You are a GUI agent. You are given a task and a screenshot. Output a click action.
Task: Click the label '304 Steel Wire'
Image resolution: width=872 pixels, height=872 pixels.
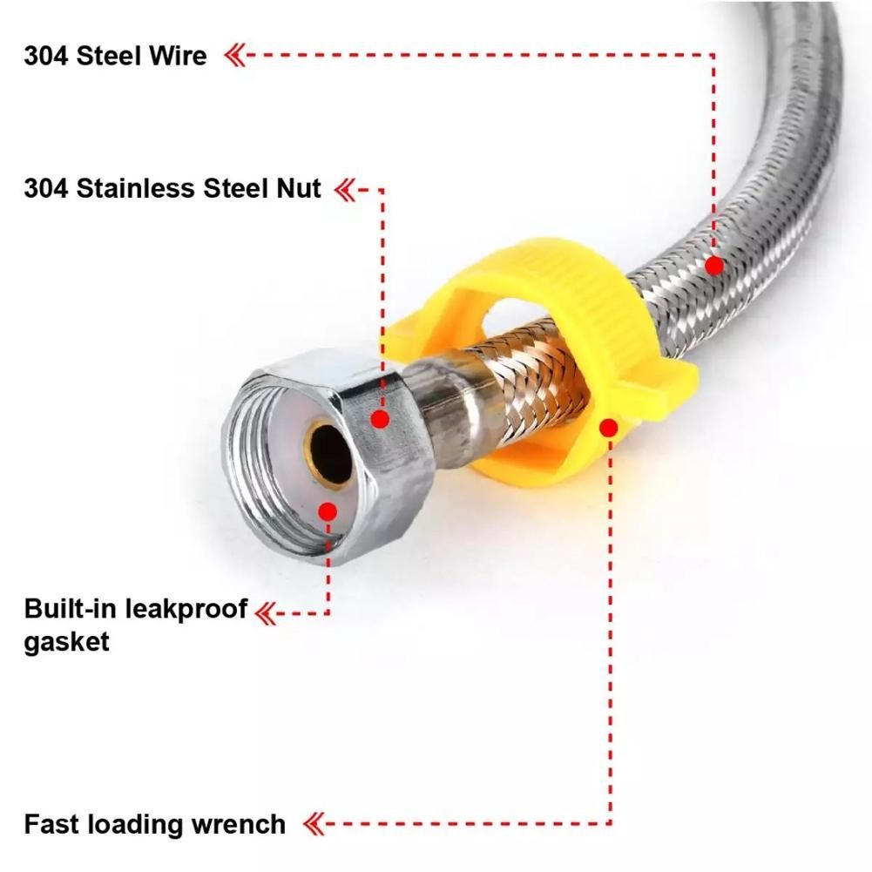pos(115,56)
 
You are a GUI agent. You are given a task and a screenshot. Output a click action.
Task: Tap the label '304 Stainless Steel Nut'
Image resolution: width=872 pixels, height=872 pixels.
pos(172,188)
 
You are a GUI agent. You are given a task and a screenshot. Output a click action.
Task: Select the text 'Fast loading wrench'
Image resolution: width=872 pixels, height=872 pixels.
pos(154,824)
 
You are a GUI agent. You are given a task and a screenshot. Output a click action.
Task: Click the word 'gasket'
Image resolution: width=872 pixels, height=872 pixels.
pos(67,642)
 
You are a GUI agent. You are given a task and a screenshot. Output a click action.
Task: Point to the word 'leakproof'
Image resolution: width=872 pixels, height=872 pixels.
pos(186,610)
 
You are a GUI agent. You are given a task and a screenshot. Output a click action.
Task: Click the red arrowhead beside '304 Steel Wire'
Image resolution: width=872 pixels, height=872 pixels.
pos(234,56)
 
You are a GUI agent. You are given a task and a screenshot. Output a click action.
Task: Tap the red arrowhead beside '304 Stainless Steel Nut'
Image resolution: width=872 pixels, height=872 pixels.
pos(345,190)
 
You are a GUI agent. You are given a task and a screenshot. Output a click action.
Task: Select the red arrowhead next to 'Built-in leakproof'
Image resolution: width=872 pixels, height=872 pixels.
pos(266,613)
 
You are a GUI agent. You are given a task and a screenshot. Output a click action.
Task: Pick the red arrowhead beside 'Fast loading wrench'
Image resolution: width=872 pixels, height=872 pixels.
pos(314,823)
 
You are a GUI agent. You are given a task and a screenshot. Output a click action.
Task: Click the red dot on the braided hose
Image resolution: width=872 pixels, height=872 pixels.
pos(714,266)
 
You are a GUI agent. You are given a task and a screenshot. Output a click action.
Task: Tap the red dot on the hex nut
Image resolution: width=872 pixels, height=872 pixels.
pos(381,419)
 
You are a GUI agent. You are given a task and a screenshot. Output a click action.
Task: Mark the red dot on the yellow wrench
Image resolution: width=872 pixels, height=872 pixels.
pos(609,429)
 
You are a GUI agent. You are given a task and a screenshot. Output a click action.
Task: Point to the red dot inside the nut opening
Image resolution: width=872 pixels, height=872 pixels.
pos(328,511)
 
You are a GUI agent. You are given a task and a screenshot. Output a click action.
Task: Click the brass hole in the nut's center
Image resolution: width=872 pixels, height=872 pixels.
pos(330,450)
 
